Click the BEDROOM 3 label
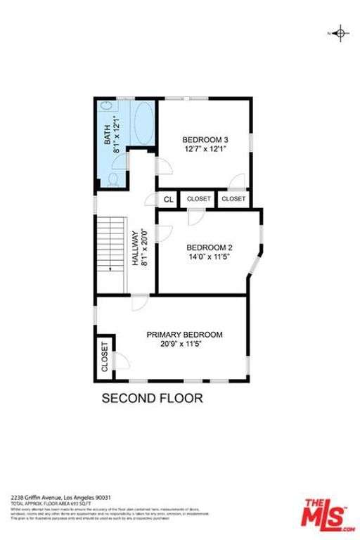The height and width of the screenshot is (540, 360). [205, 139]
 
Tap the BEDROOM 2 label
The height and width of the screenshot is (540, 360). [209, 247]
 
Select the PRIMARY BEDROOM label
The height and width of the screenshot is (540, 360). [184, 335]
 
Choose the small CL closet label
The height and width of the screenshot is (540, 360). [168, 200]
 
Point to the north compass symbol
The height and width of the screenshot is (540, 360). [340, 33]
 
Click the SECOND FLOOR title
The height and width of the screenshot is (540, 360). [153, 398]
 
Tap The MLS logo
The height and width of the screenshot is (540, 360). [328, 515]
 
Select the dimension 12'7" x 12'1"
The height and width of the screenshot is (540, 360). [206, 149]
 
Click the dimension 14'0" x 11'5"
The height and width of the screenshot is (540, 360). [209, 257]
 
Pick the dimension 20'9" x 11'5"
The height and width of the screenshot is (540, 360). [184, 344]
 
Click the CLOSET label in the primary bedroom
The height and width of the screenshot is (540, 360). [105, 356]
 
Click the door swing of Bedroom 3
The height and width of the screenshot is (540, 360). [163, 166]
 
